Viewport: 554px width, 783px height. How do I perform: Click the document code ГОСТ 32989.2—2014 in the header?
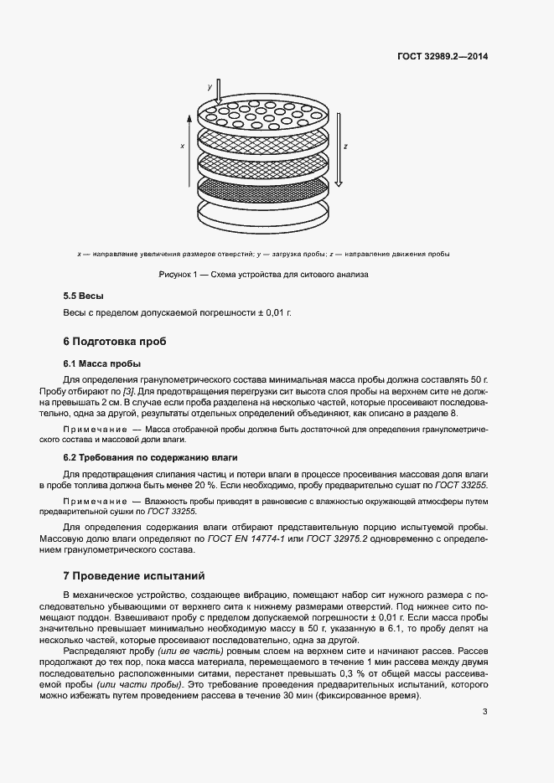tap(443, 56)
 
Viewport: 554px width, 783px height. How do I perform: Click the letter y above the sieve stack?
tap(210, 86)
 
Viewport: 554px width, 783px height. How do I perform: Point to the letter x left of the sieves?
tap(182, 145)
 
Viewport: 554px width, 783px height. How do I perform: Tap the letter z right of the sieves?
tap(345, 145)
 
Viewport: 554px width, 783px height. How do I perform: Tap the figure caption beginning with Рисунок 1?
tap(264, 274)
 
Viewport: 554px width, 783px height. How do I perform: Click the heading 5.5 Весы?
tap(84, 296)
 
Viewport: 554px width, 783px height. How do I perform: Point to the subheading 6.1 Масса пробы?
tap(102, 363)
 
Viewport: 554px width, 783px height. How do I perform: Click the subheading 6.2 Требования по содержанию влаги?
tap(151, 457)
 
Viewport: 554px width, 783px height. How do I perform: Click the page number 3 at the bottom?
tap(484, 712)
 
